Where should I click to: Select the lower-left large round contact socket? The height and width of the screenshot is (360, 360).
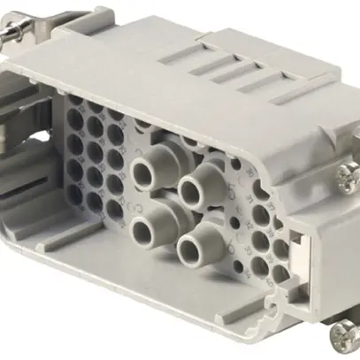pyautogui.click(x=142, y=231)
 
